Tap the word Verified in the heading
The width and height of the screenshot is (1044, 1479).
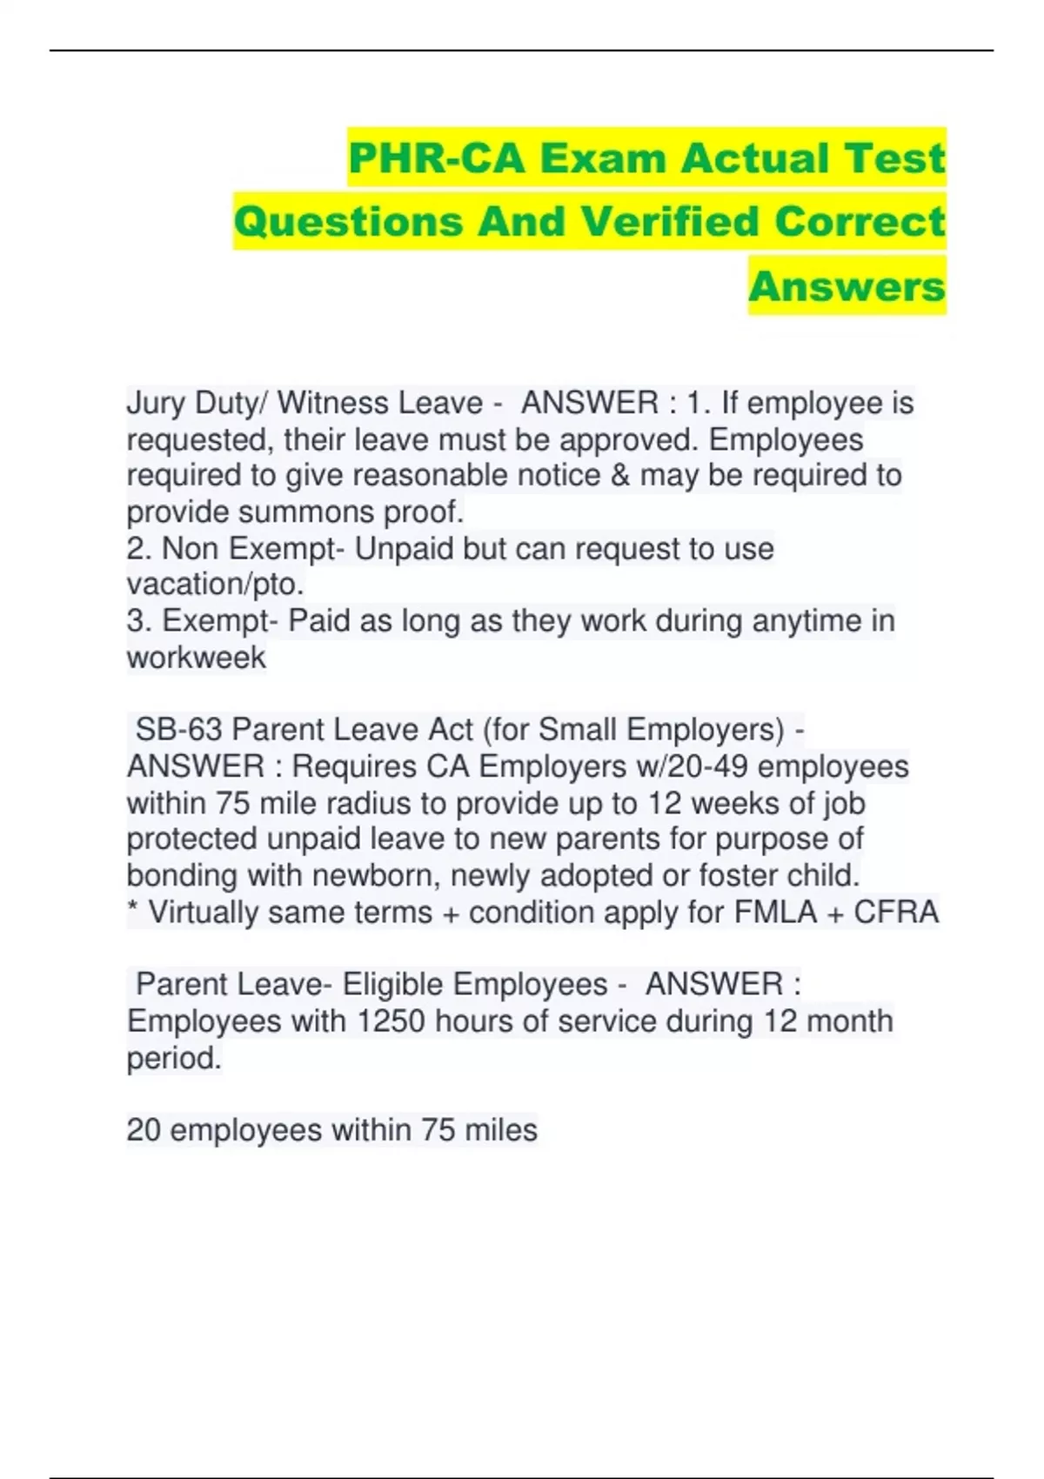click(670, 222)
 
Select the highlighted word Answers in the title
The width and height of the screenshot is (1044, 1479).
click(847, 286)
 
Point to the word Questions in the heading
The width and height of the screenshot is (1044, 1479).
click(348, 222)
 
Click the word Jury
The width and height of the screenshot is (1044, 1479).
click(157, 404)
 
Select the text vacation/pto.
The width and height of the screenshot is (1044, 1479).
click(215, 584)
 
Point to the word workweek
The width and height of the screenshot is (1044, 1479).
click(196, 658)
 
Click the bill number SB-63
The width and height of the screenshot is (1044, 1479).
click(179, 730)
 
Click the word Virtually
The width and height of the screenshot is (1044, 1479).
click(204, 913)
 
